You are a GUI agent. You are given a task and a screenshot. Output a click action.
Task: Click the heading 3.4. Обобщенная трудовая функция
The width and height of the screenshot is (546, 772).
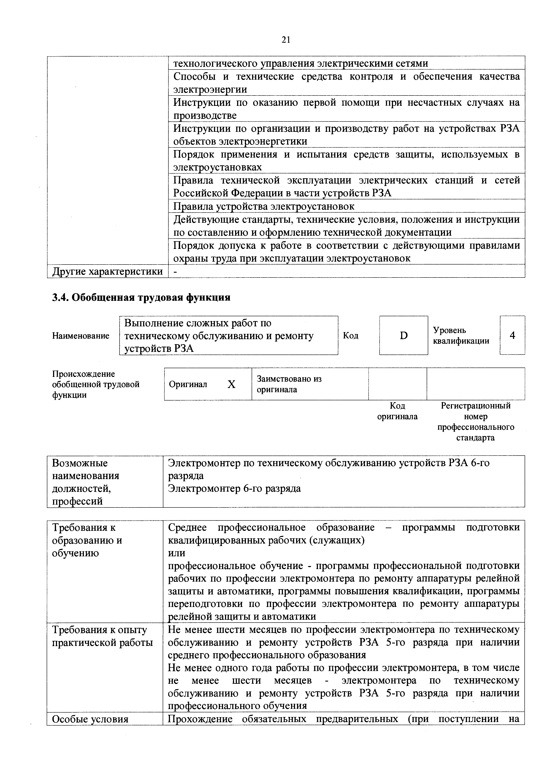(141, 298)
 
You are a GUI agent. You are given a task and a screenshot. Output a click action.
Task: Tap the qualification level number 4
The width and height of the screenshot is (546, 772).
(512, 335)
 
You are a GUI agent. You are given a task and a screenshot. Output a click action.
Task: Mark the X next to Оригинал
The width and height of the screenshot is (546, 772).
(231, 384)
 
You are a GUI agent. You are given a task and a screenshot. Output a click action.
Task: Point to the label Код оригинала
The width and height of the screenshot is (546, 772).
(397, 411)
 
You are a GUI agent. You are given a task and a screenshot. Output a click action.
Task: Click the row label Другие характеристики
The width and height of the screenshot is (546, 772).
(107, 271)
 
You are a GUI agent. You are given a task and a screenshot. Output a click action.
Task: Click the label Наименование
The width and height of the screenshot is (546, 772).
(81, 336)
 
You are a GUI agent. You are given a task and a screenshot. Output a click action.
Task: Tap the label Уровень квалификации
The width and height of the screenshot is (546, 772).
(461, 335)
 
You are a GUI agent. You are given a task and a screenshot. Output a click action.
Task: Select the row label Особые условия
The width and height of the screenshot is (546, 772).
(90, 719)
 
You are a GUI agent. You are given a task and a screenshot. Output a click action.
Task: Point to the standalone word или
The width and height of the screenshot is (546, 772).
(176, 553)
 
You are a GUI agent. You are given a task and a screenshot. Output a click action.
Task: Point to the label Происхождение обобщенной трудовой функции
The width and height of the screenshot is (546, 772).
(96, 384)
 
